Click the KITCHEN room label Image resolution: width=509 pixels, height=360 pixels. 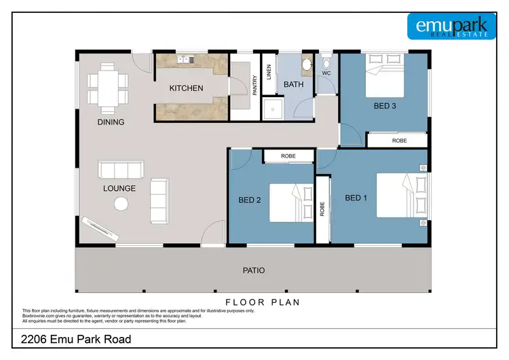(186, 88)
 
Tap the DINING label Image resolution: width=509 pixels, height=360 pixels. (111, 123)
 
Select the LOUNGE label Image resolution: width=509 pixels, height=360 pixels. (120, 189)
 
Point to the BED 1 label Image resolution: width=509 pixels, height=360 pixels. (356, 198)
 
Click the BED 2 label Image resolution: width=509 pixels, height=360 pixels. (250, 200)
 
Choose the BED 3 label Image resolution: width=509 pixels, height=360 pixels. (385, 106)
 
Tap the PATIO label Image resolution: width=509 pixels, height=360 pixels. (254, 270)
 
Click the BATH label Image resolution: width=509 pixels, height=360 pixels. (294, 85)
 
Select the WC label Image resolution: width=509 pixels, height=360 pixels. (326, 73)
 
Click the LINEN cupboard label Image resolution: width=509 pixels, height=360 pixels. (269, 73)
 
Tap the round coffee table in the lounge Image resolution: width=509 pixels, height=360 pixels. (121, 204)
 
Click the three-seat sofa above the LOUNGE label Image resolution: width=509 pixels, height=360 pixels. (120, 169)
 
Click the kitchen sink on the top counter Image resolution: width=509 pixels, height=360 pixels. (183, 60)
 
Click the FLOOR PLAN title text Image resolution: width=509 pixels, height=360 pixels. (263, 302)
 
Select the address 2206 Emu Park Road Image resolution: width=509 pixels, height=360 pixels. (76, 340)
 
